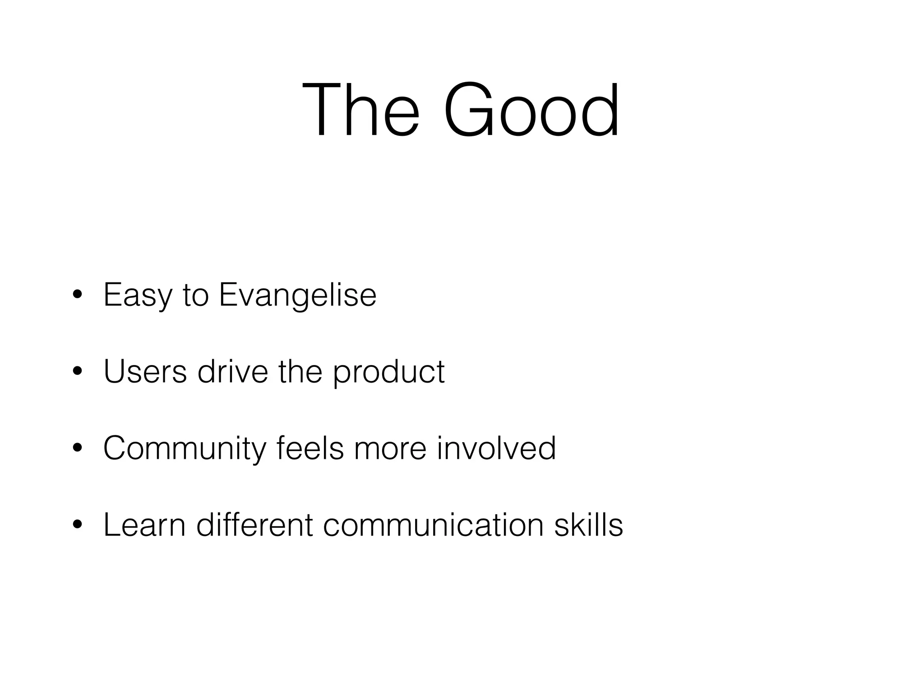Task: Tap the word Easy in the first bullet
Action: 138,296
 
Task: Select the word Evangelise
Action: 297,296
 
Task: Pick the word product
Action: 388,373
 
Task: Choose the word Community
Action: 185,449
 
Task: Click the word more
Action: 390,448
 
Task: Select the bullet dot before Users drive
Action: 77,372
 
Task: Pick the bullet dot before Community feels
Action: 77,448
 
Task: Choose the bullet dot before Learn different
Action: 77,525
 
